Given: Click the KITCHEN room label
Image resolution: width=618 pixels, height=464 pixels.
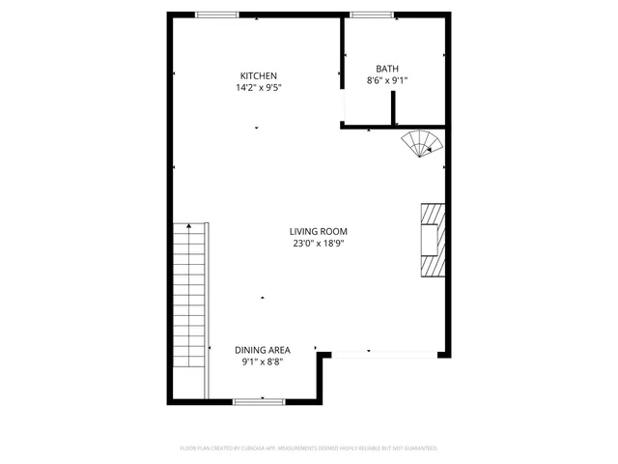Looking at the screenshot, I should (x=259, y=75).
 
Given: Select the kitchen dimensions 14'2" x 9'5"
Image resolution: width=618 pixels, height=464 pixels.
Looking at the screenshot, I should (x=259, y=88).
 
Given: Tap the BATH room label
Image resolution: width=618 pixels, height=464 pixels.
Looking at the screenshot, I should (x=387, y=69).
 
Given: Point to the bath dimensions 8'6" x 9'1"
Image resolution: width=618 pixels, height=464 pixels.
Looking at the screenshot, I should (x=387, y=81).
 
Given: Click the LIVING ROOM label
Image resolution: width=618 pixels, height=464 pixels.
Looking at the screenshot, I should (x=319, y=231).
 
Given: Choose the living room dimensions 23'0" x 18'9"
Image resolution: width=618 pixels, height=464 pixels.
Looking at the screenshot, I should (x=319, y=244).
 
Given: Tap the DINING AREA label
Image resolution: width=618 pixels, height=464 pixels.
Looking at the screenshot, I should (x=262, y=349).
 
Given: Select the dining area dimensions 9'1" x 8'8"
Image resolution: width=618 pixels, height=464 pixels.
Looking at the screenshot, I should (x=262, y=362).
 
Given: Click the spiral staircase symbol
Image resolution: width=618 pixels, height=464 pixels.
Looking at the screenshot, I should (x=422, y=143).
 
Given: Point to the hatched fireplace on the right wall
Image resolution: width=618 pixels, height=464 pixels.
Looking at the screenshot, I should (x=431, y=240).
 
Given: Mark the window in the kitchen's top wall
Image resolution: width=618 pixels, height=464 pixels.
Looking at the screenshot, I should (x=217, y=14).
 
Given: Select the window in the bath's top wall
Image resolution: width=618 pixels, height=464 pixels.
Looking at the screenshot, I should (x=372, y=14).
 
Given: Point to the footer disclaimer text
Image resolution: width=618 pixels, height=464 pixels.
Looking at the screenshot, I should (x=309, y=449).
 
